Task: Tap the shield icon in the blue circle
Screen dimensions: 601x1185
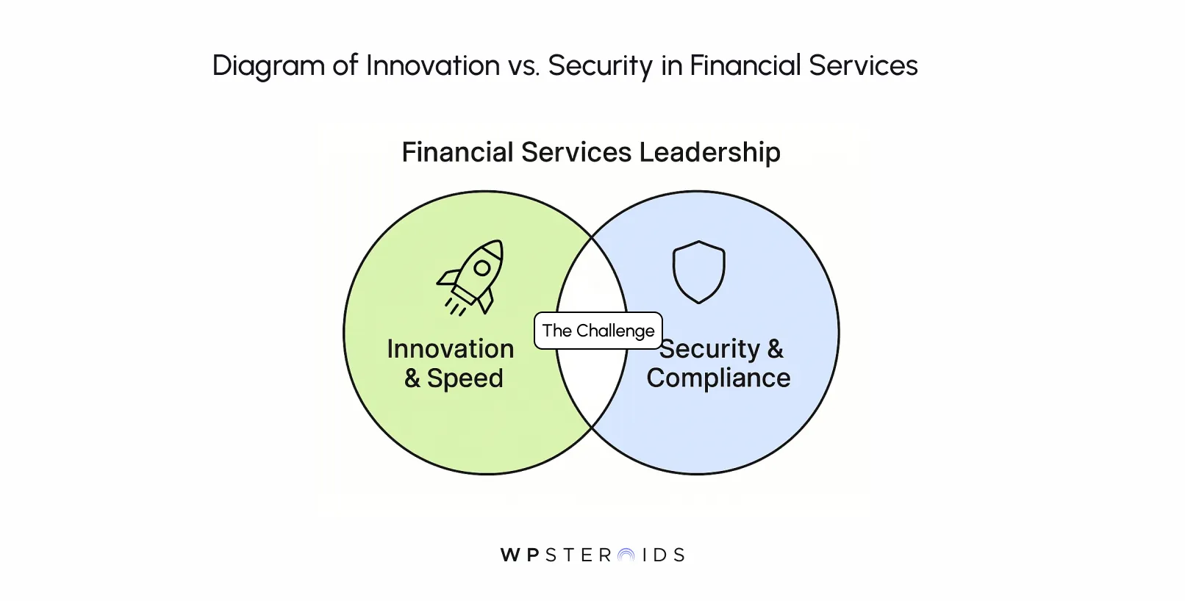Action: [698, 271]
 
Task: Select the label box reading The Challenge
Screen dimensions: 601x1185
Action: [598, 331]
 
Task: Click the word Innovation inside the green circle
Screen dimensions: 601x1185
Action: [450, 349]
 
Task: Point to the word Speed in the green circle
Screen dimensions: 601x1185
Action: [465, 378]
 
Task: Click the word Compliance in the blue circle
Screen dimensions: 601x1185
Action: [718, 378]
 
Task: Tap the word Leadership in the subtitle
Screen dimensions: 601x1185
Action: [709, 152]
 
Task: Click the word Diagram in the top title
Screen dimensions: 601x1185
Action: [268, 65]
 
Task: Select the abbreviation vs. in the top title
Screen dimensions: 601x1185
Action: [523, 65]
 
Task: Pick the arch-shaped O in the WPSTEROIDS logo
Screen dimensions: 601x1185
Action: [626, 555]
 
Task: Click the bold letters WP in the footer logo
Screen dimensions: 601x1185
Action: [520, 555]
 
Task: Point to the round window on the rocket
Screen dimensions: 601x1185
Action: [482, 267]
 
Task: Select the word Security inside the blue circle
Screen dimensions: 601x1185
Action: [709, 349]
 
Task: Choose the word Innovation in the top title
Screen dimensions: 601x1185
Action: [433, 65]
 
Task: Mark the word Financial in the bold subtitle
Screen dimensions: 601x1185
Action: [457, 152]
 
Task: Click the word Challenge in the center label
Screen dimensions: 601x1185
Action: [615, 331]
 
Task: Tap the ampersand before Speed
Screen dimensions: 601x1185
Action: [412, 378]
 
